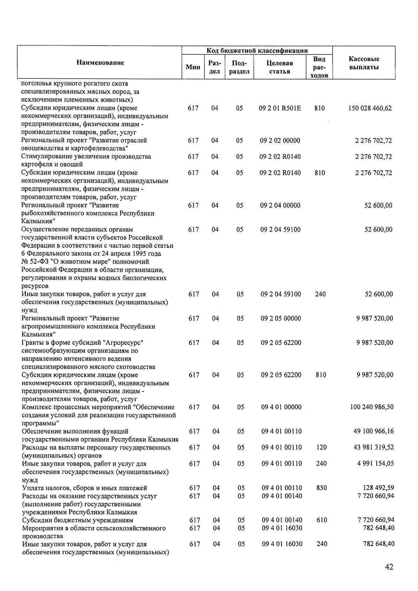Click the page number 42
[x=389, y=567]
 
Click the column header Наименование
[x=100, y=63]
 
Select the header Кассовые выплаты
[x=364, y=63]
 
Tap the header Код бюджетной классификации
[x=257, y=51]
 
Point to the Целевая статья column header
[x=280, y=67]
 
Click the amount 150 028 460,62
[x=370, y=108]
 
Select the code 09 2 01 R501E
[x=280, y=108]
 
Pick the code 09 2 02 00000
[x=280, y=141]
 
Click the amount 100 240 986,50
[x=372, y=407]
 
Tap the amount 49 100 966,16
[x=373, y=431]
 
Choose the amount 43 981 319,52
[x=373, y=447]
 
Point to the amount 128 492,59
[x=378, y=488]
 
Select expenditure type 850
[x=322, y=488]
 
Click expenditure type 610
[x=322, y=520]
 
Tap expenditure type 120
[x=322, y=447]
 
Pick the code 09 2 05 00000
[x=281, y=318]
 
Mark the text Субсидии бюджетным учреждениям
[x=77, y=520]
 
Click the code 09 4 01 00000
[x=281, y=407]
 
